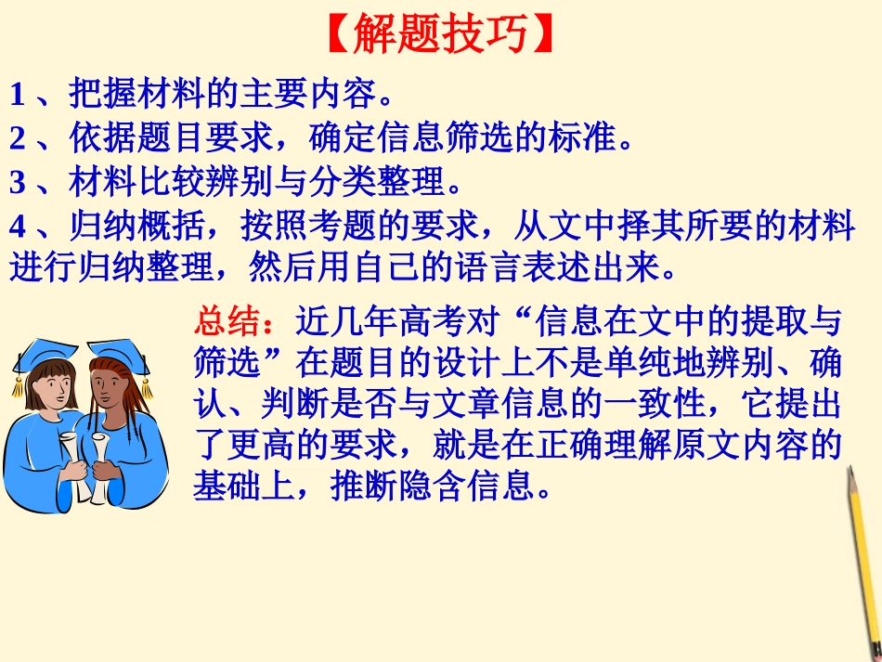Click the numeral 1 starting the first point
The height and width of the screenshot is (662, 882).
17,94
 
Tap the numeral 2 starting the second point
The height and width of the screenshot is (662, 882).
17,138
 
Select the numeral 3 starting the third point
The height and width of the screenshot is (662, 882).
17,183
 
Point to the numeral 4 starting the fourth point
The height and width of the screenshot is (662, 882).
17,227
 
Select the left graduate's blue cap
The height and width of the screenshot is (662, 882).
42,353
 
